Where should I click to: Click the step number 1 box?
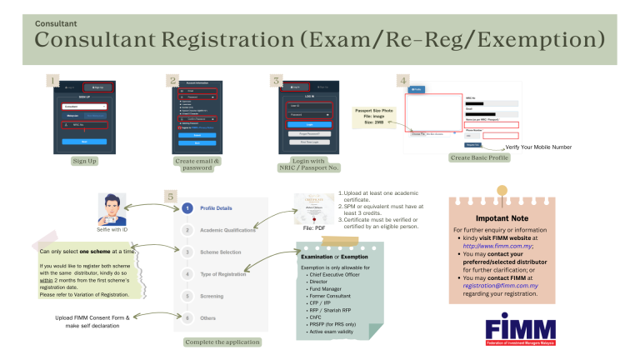tap(53, 81)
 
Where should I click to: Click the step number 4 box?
tap(403, 81)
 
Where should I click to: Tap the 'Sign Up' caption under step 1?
tap(84, 160)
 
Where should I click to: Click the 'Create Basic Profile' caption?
tap(478, 157)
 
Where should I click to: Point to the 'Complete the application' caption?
tap(223, 342)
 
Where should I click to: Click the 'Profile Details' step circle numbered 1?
tap(188, 207)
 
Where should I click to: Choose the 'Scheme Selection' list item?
tap(220, 251)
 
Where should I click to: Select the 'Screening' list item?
tap(212, 295)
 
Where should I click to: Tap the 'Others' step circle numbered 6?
tap(188, 317)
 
